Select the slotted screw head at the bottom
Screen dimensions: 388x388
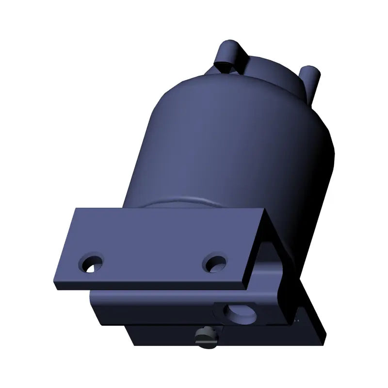pos(206,337)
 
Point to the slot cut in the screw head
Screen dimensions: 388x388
pos(207,339)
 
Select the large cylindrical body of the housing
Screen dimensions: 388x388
pos(233,145)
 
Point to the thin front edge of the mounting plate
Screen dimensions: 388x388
pos(150,286)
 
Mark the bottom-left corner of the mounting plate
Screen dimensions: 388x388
pos(54,286)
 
